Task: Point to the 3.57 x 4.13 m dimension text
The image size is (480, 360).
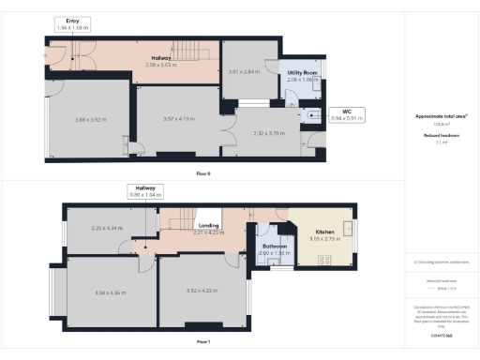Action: (x=177, y=120)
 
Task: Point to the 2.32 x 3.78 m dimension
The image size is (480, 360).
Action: (x=268, y=133)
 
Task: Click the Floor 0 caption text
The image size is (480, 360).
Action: (x=203, y=175)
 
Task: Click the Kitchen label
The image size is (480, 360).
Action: (x=323, y=231)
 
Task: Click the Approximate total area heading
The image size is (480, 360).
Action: (x=441, y=116)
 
